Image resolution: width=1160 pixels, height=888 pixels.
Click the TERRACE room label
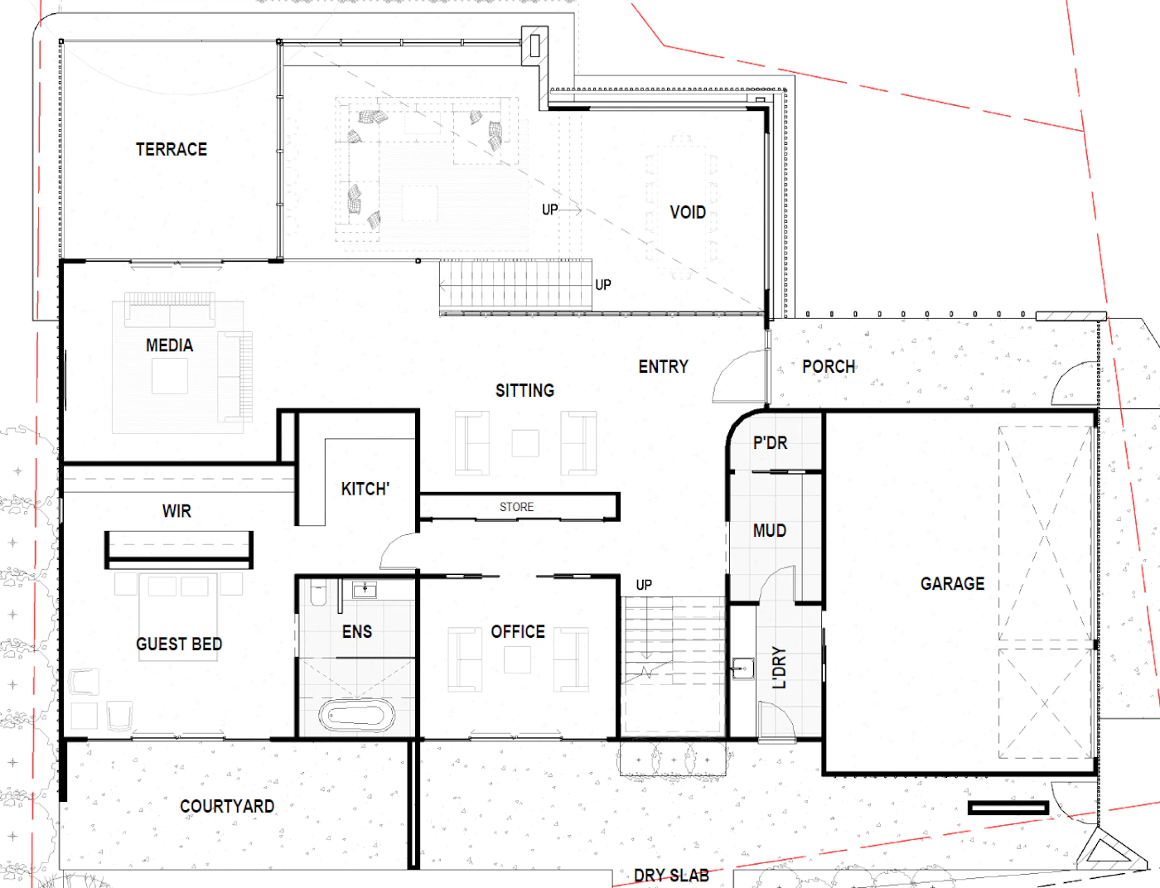click(172, 149)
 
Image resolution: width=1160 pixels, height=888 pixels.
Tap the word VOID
click(688, 212)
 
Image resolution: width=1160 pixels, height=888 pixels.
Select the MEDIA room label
click(169, 345)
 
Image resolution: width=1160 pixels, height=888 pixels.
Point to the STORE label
click(516, 506)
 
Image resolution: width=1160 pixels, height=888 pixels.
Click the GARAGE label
click(952, 584)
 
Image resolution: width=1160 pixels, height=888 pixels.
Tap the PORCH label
click(829, 367)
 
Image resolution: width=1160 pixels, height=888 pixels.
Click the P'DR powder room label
click(770, 442)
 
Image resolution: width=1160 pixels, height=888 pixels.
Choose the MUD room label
click(769, 530)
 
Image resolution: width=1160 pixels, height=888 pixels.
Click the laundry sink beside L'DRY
click(742, 668)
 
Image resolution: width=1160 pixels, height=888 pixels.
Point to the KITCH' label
click(365, 489)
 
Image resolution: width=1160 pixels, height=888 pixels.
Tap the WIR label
click(176, 511)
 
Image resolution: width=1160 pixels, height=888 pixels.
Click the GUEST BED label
click(179, 644)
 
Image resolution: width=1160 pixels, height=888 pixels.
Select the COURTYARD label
click(227, 806)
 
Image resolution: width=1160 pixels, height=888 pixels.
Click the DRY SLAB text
click(671, 876)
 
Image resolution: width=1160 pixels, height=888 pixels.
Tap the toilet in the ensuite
click(318, 593)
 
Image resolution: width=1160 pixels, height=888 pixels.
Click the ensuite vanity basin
click(365, 591)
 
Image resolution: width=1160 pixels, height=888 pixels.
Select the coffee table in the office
click(517, 659)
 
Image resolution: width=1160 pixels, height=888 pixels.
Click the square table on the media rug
click(170, 376)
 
